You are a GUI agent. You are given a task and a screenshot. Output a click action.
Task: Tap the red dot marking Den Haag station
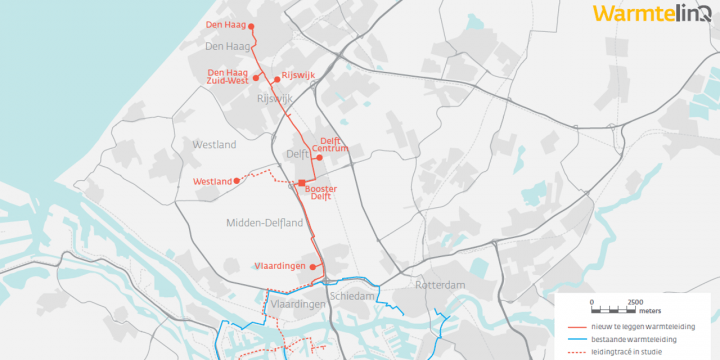(251, 27)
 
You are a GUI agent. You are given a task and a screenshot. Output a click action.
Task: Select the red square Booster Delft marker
(301, 181)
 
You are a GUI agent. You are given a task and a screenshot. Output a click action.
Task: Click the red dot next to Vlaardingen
(315, 266)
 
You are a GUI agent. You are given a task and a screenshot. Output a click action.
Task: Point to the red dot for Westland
(236, 181)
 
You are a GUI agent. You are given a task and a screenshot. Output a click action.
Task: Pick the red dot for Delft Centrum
(320, 157)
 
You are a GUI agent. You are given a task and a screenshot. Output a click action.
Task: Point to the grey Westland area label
(214, 145)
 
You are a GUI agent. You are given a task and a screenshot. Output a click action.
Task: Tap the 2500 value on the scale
(634, 300)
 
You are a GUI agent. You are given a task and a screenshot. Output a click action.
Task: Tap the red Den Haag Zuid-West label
(227, 77)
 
